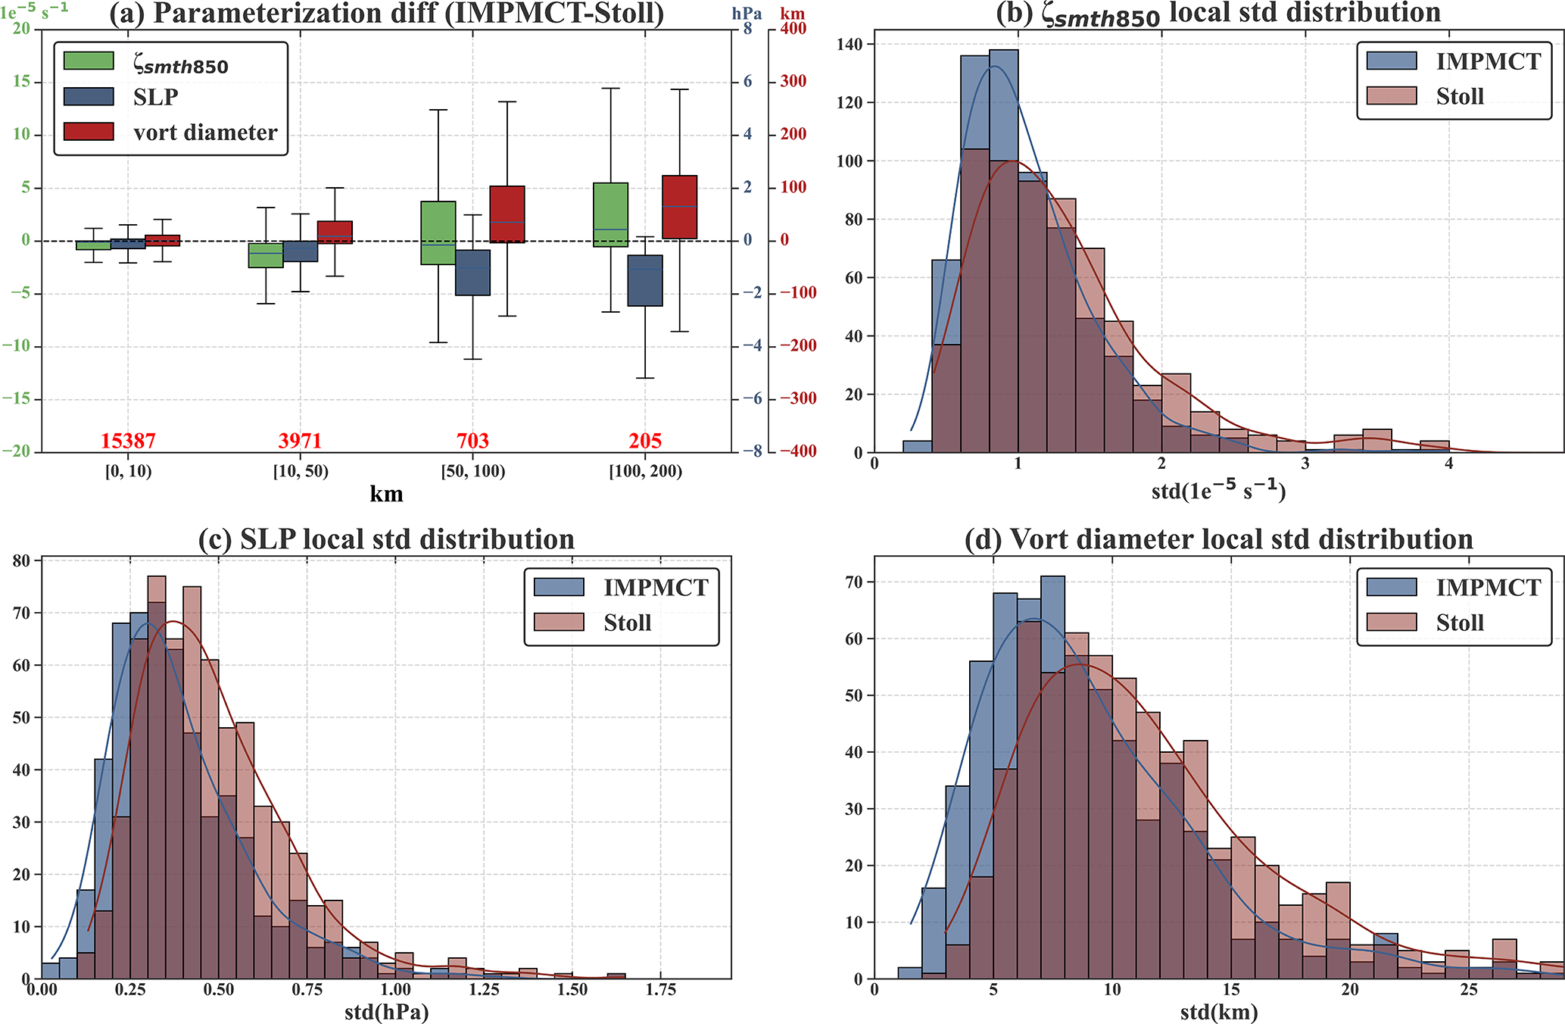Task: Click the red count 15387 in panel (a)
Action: pyautogui.click(x=128, y=441)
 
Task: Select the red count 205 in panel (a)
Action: pyautogui.click(x=645, y=441)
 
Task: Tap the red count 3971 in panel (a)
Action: pyautogui.click(x=301, y=441)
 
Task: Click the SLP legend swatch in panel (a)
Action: pyautogui.click(x=89, y=97)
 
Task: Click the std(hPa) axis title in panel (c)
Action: pyautogui.click(x=386, y=1013)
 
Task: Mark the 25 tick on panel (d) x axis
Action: pyautogui.click(x=1469, y=990)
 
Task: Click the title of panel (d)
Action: pyautogui.click(x=1219, y=539)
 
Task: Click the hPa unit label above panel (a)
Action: pyautogui.click(x=747, y=14)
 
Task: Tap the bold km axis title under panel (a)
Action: pyautogui.click(x=386, y=495)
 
